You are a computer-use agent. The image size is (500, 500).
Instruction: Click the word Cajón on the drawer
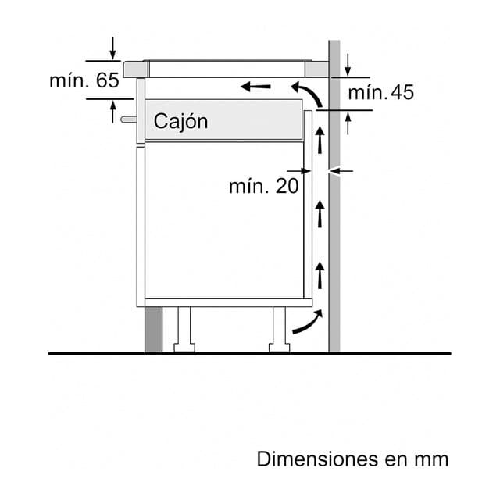click(180, 122)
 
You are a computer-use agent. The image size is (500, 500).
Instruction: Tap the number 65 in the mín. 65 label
click(108, 80)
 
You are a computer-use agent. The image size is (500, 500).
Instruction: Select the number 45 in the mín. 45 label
click(402, 92)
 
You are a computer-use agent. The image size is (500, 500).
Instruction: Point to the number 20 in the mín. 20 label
click(287, 186)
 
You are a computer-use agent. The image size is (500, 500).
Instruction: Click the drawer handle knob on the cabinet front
click(128, 120)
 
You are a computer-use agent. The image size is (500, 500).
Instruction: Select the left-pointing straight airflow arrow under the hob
click(255, 87)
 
